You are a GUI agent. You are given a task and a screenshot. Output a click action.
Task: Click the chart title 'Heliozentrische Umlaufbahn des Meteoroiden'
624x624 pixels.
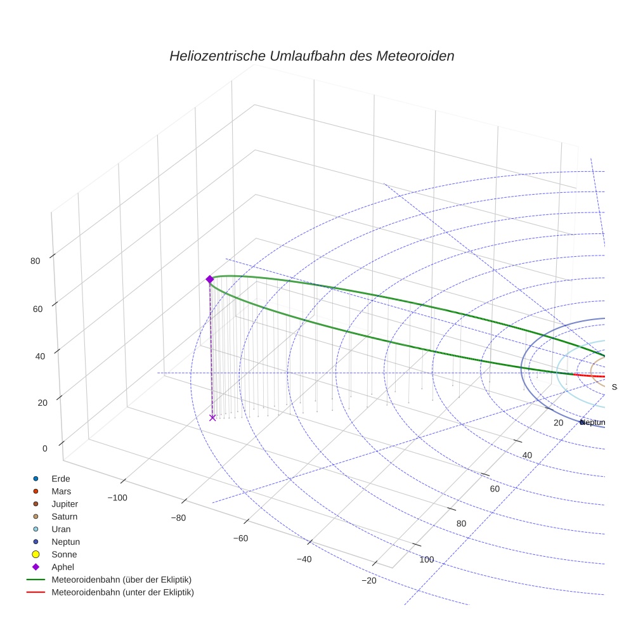[311, 56]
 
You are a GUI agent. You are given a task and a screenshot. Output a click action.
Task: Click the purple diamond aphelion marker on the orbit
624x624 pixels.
[210, 279]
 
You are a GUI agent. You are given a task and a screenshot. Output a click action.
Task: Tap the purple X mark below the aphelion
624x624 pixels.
[212, 417]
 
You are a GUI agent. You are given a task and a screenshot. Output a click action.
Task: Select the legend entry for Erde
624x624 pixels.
[61, 478]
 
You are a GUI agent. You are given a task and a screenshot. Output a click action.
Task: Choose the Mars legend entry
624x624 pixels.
[61, 491]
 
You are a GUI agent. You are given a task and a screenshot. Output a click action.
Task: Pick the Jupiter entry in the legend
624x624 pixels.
[65, 504]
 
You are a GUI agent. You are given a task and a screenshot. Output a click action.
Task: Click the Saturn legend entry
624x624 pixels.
[64, 516]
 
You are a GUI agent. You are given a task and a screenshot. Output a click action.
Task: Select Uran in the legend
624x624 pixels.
[61, 529]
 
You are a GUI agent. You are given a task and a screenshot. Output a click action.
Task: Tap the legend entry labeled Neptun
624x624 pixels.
[65, 542]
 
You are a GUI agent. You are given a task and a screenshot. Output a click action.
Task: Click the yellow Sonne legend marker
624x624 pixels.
[36, 554]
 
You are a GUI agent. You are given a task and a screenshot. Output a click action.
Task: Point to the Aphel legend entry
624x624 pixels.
[62, 567]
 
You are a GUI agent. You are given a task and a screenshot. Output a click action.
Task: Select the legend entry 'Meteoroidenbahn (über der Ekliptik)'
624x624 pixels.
[121, 580]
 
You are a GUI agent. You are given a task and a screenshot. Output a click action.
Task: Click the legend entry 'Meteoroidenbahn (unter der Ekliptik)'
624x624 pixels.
[122, 592]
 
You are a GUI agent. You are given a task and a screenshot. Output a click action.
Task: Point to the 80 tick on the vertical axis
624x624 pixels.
[35, 261]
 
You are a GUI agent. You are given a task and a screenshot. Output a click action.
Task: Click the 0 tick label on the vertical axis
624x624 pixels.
[45, 448]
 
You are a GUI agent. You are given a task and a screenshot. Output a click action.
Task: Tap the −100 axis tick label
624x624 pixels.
[117, 498]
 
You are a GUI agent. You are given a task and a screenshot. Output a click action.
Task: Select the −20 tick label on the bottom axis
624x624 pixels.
[368, 581]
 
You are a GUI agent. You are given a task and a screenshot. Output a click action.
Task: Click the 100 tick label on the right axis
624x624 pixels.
[427, 559]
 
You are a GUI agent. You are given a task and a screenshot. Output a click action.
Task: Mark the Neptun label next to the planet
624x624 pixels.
[594, 422]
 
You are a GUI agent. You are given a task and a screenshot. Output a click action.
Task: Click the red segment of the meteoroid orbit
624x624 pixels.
[590, 375]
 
